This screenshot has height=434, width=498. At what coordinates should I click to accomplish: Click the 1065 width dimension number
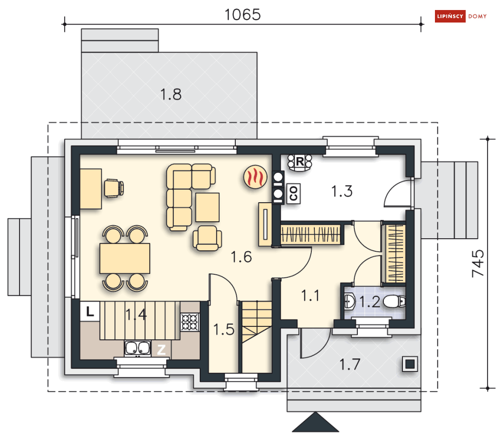coord(243,15)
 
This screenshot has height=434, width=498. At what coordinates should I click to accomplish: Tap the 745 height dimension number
coord(477,263)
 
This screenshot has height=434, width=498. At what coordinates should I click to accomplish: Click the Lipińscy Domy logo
coord(460,16)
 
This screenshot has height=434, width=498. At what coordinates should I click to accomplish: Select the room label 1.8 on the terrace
coord(171,95)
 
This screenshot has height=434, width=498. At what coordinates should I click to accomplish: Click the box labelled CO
coord(293,194)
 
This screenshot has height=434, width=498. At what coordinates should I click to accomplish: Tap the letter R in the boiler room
coord(300,161)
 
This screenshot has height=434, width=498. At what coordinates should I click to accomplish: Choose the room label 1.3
coord(342,191)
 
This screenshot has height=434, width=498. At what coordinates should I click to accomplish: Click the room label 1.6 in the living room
coord(241,257)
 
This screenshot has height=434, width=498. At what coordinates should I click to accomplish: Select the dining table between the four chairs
coord(125,258)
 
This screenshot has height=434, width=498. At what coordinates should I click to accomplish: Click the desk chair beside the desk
coord(114,188)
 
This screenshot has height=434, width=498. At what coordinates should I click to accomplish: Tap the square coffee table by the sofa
coord(207,207)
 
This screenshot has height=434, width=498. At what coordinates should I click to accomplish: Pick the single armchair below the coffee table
coord(207,238)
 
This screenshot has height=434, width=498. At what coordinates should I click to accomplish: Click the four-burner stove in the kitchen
coord(190,322)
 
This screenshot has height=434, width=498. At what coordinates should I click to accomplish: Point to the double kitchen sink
coord(138,348)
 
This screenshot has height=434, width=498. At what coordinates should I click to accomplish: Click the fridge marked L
coord(90,311)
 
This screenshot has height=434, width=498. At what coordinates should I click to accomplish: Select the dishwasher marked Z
coord(161,349)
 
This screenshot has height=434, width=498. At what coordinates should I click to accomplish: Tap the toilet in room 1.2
coord(394,301)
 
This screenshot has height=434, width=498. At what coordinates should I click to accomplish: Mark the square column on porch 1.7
coord(410,364)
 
